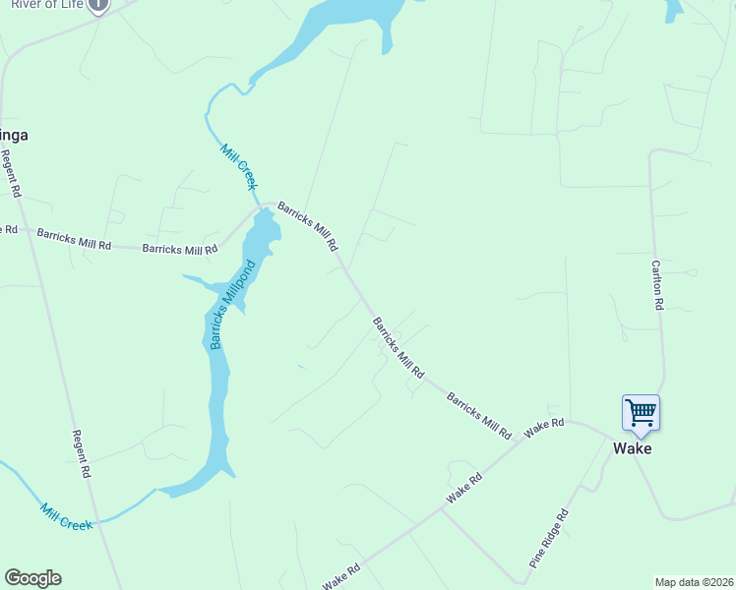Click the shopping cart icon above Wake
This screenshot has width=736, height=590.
tap(641, 413)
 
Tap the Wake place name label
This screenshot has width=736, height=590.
tap(632, 448)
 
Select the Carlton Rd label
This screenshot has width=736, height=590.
tap(657, 284)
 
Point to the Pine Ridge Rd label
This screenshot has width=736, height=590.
tap(549, 539)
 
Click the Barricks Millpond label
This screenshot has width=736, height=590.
tap(232, 304)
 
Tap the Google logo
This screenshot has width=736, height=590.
tap(32, 578)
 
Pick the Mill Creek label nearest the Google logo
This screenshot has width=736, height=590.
tap(67, 516)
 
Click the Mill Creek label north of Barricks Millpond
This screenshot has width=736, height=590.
tap(239, 166)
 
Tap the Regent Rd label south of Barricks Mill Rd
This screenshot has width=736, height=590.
tap(82, 453)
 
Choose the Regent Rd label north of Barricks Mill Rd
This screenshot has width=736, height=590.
tap(12, 173)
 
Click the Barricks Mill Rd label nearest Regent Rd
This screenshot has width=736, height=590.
tap(74, 238)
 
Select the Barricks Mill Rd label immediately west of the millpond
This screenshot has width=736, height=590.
tap(180, 250)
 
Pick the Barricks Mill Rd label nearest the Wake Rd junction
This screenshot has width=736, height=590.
tap(479, 415)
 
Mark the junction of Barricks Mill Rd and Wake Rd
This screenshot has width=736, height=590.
tap(520, 440)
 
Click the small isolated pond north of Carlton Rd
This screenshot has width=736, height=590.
tap(674, 9)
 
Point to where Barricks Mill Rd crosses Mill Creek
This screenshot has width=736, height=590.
tap(261, 206)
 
